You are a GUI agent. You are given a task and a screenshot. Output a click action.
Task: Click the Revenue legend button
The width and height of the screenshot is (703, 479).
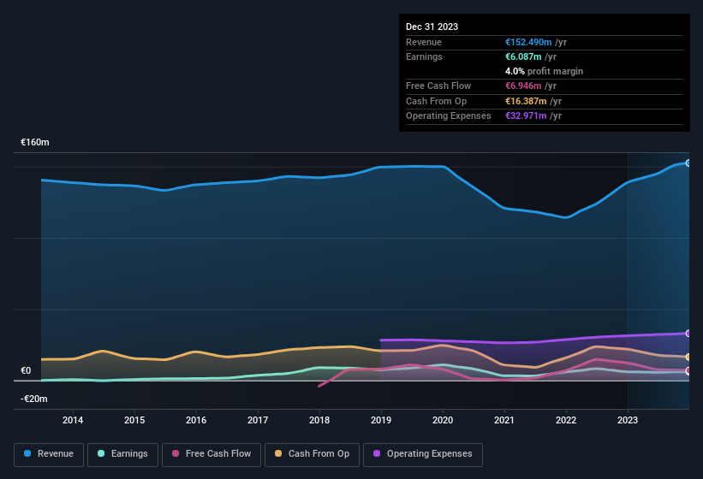pos(49,454)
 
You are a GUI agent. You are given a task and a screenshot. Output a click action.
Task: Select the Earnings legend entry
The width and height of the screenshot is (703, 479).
pos(122,454)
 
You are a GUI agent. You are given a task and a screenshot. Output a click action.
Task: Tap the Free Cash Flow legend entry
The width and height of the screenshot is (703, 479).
pos(211,454)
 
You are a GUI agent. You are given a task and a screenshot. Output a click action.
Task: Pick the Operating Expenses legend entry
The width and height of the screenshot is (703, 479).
pos(423,454)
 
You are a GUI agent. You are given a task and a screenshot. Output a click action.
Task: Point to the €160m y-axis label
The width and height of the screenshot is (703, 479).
pos(35,143)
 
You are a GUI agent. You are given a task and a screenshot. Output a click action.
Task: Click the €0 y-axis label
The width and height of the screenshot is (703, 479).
pos(26,371)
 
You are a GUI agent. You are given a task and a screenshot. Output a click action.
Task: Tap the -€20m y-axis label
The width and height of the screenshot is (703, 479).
pos(34,399)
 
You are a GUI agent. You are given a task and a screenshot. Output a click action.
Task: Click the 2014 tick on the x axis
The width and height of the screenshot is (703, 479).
pos(73,420)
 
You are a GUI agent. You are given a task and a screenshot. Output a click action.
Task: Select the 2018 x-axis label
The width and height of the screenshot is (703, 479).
pos(319,420)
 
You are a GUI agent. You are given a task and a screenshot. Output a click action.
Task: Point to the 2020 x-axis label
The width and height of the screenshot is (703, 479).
pos(443,420)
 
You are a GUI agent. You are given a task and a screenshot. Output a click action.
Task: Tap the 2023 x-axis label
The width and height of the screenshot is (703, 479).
pos(628,420)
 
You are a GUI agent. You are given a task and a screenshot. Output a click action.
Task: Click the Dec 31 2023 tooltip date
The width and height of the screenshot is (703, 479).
pos(432,27)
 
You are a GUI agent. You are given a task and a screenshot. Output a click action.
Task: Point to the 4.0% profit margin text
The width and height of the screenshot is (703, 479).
pos(545,71)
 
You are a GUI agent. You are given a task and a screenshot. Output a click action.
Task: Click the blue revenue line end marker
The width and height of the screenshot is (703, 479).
pos(688,163)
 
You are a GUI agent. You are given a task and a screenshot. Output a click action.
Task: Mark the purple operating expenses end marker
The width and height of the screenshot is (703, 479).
pos(688,334)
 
